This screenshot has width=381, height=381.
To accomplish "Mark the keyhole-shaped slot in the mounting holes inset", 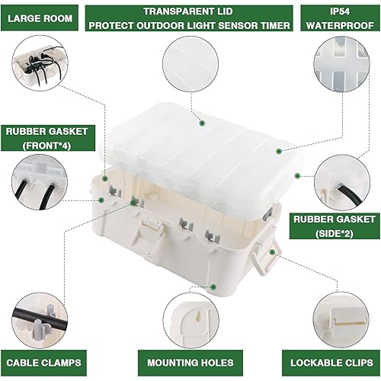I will tap(195, 315).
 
